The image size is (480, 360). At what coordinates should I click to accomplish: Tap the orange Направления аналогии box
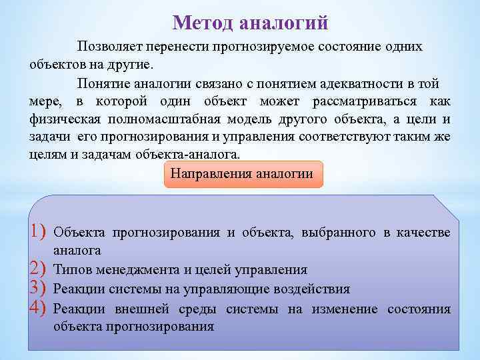tap(242, 174)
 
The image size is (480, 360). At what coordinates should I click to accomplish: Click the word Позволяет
tap(109, 47)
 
